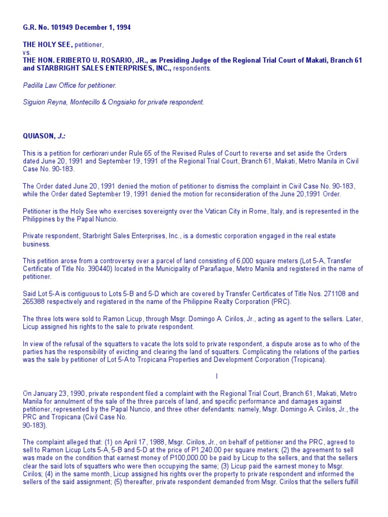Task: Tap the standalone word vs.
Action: pos(26,53)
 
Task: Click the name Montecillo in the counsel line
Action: pos(91,102)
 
